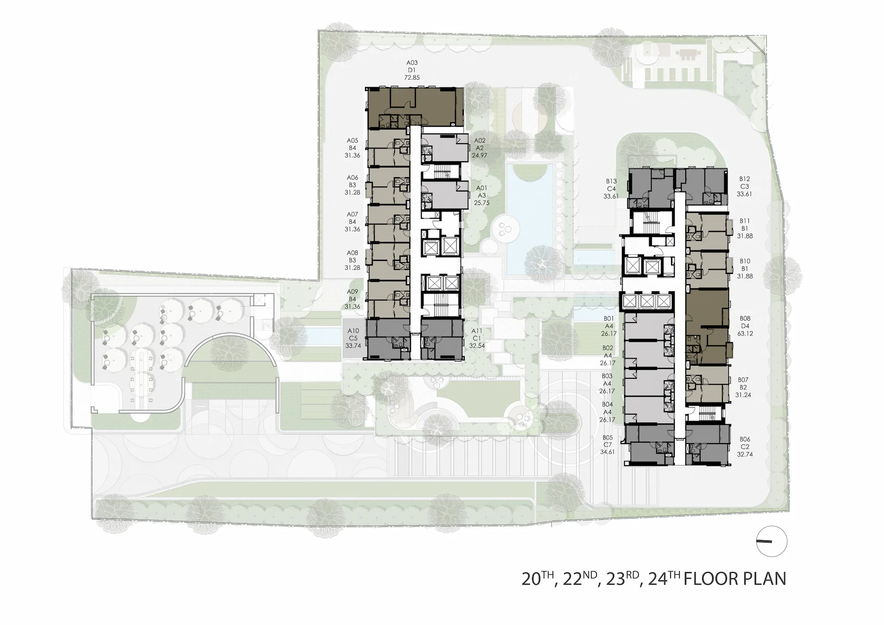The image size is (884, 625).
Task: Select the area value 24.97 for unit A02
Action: pos(479,156)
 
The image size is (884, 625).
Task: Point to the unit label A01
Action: pos(482,188)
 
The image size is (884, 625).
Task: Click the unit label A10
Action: pos(353,331)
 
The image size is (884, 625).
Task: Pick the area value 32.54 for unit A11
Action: pos(477,346)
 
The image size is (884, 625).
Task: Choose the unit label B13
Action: pos(611,181)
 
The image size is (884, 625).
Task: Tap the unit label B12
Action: pos(745,179)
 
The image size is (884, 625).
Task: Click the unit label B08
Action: pos(745,319)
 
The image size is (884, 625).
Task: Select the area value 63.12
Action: pos(745,334)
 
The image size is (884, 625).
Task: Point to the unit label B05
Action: pos(607,437)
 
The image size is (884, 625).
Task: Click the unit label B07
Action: pos(743,380)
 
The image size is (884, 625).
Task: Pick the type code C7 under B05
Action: pos(607,445)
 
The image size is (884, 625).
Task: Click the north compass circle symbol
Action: pos(772,542)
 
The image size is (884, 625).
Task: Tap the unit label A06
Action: pos(352,178)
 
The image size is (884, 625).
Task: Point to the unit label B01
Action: pos(608,319)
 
